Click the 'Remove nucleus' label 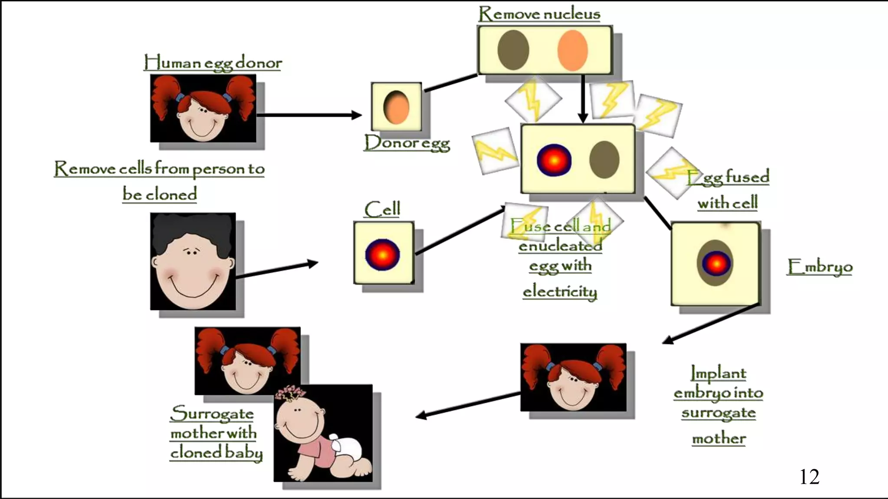[539, 14]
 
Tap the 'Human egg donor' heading [212, 63]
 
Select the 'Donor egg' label [407, 143]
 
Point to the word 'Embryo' [819, 267]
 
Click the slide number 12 [809, 477]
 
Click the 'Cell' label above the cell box [382, 210]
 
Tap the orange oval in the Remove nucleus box [572, 50]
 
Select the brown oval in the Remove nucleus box [513, 50]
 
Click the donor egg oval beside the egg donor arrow [396, 107]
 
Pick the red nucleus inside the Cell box [382, 255]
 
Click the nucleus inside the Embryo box [716, 263]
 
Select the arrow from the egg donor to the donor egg [309, 115]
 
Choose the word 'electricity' [560, 292]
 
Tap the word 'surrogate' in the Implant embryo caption [718, 413]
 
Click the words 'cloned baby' [216, 453]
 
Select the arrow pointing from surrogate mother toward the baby [468, 405]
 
